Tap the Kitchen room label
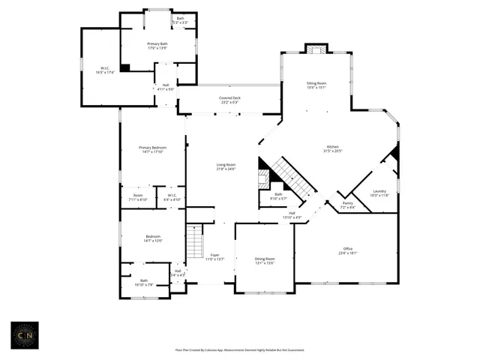[332, 148]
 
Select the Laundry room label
[380, 193]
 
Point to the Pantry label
[347, 205]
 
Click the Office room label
[348, 251]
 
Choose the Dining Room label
[265, 260]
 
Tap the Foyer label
[215, 256]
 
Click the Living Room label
[226, 166]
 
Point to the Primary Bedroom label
[152, 150]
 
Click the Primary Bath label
[157, 46]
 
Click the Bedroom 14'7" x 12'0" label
[152, 239]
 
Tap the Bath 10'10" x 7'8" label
[143, 283]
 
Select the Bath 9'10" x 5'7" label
[277, 196]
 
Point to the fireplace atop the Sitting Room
[316, 49]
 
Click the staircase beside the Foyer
[195, 242]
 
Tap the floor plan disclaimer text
[239, 349]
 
